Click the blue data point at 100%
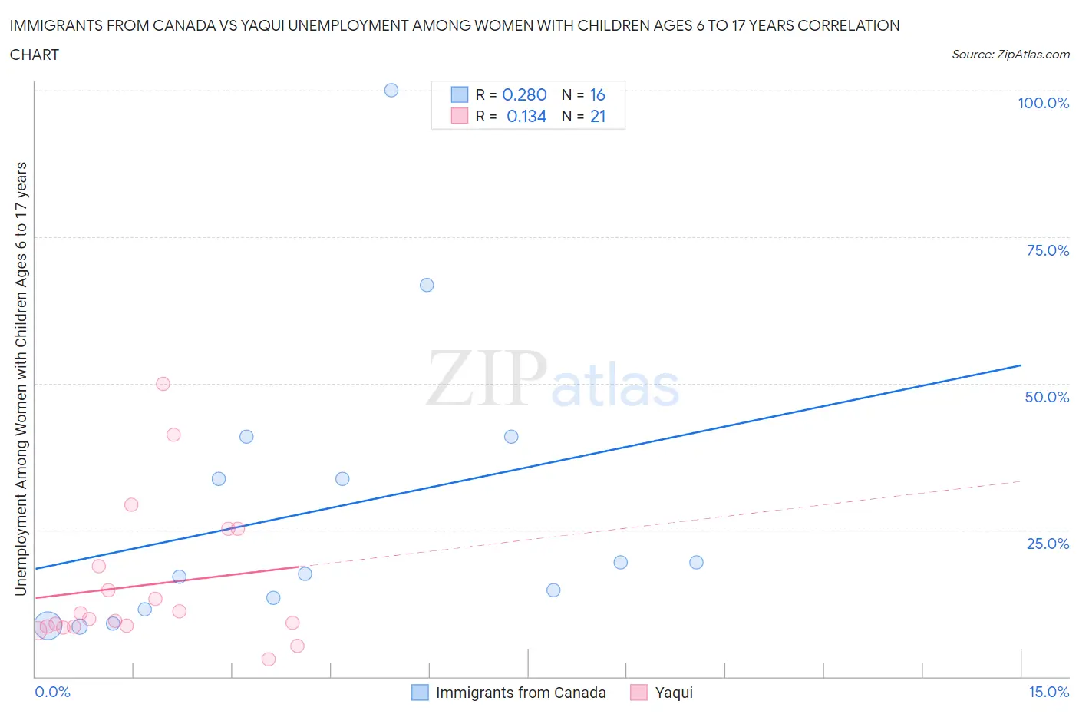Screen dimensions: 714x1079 coord(391,90)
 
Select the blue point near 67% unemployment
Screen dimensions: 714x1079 coord(427,285)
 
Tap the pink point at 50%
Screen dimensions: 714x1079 coord(163,384)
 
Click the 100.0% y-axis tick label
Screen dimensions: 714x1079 coord(1043,103)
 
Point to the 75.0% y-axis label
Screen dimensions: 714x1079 coord(1048,250)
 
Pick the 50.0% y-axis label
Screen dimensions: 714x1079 coord(1047,397)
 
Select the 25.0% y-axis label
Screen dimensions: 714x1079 coord(1048,544)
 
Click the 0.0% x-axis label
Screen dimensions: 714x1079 coord(53,692)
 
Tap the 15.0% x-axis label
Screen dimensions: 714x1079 coord(1048,692)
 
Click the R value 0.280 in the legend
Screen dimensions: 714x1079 coord(524,94)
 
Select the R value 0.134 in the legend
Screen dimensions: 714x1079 coord(526,116)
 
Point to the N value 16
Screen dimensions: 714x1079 coord(598,94)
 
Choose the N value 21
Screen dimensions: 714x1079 coord(598,116)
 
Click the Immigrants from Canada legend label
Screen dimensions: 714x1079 coord(520,693)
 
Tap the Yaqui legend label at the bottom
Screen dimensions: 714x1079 coord(674,693)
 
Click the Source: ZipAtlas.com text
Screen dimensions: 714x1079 coord(1010,55)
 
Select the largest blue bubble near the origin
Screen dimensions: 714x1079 coord(48,626)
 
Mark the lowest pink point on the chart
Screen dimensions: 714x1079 coord(269,659)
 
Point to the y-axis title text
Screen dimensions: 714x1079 coord(21,378)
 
